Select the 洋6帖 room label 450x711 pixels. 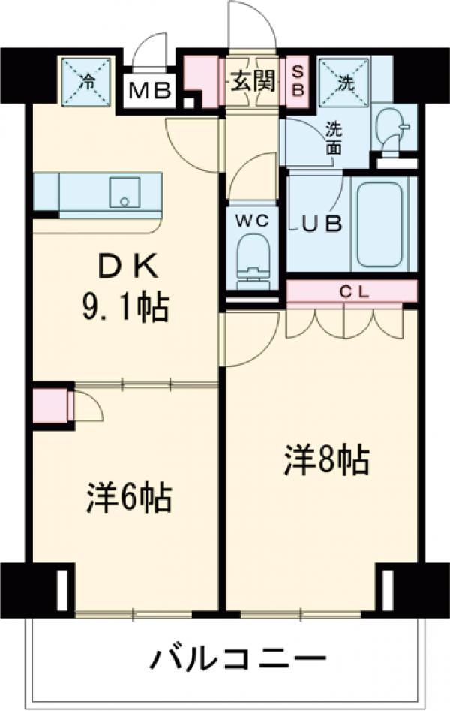pos(129,498)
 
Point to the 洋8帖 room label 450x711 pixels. pos(326,459)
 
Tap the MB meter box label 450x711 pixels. pos(150,92)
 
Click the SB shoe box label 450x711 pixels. pos(298,79)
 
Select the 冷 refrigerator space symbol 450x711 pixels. pos(87,81)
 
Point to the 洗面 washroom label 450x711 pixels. pos(331,137)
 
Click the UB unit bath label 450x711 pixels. pos(322,222)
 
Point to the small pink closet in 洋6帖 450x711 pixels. pos(49,406)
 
